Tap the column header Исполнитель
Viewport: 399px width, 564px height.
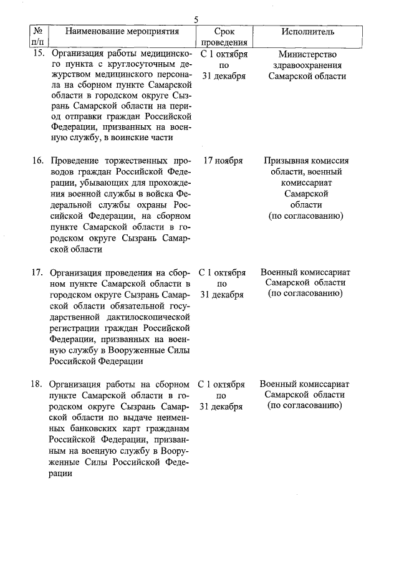pyautogui.click(x=307, y=31)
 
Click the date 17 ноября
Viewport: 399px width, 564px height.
pyautogui.click(x=224, y=160)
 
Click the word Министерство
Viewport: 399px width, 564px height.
pyautogui.click(x=306, y=54)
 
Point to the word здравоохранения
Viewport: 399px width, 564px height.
pyautogui.click(x=306, y=65)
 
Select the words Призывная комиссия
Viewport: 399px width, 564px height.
pyautogui.click(x=306, y=160)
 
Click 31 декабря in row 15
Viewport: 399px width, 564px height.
pyautogui.click(x=224, y=76)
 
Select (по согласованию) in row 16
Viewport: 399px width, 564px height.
pyautogui.click(x=306, y=216)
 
